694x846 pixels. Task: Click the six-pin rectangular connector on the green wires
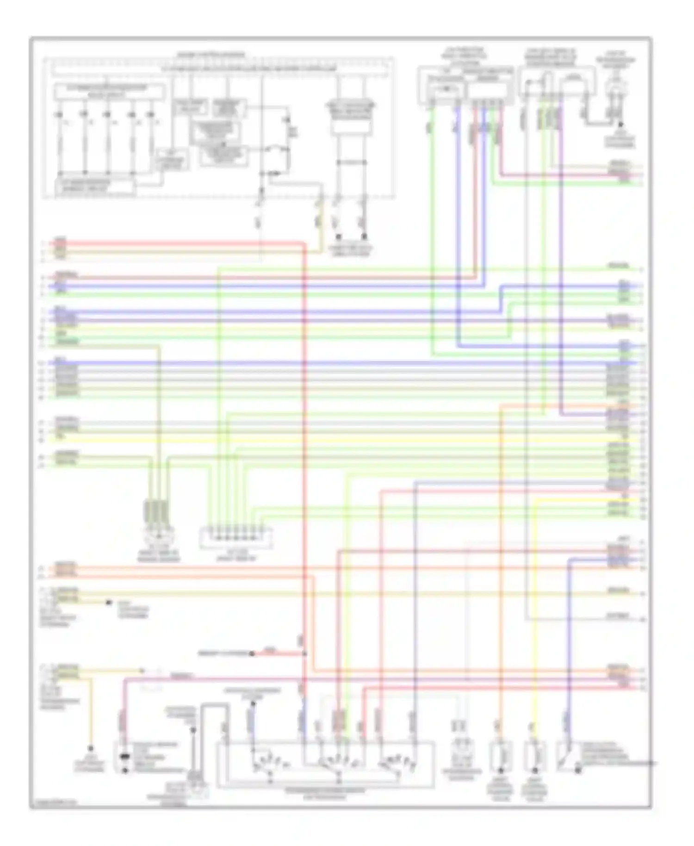tap(235, 537)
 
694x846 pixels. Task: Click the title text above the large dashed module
tap(211, 55)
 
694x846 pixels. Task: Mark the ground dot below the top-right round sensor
tap(620, 125)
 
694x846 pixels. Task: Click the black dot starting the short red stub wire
tap(252, 653)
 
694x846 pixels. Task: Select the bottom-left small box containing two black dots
tap(124, 757)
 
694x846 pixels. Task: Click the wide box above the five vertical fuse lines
tap(110, 92)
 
